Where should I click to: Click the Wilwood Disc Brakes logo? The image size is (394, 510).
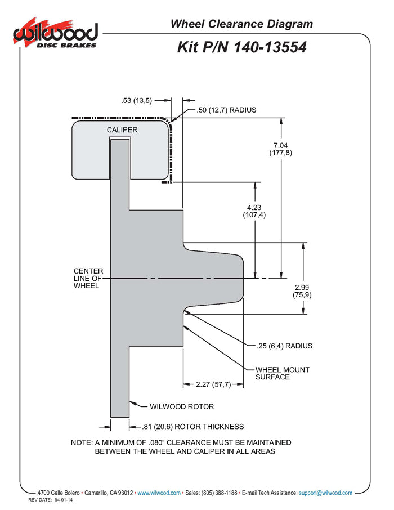pyautogui.click(x=56, y=34)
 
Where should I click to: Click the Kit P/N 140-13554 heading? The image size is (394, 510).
pyautogui.click(x=241, y=47)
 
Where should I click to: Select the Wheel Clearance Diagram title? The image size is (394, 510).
pyautogui.click(x=241, y=24)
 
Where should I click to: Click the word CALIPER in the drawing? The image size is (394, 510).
pyautogui.click(x=122, y=130)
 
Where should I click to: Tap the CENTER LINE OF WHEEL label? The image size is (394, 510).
pyautogui.click(x=88, y=278)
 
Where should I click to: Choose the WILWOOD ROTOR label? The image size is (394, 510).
pyautogui.click(x=182, y=406)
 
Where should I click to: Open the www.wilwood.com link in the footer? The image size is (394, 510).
pyautogui.click(x=159, y=493)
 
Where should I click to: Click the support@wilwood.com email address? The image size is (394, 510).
pyautogui.click(x=325, y=493)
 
